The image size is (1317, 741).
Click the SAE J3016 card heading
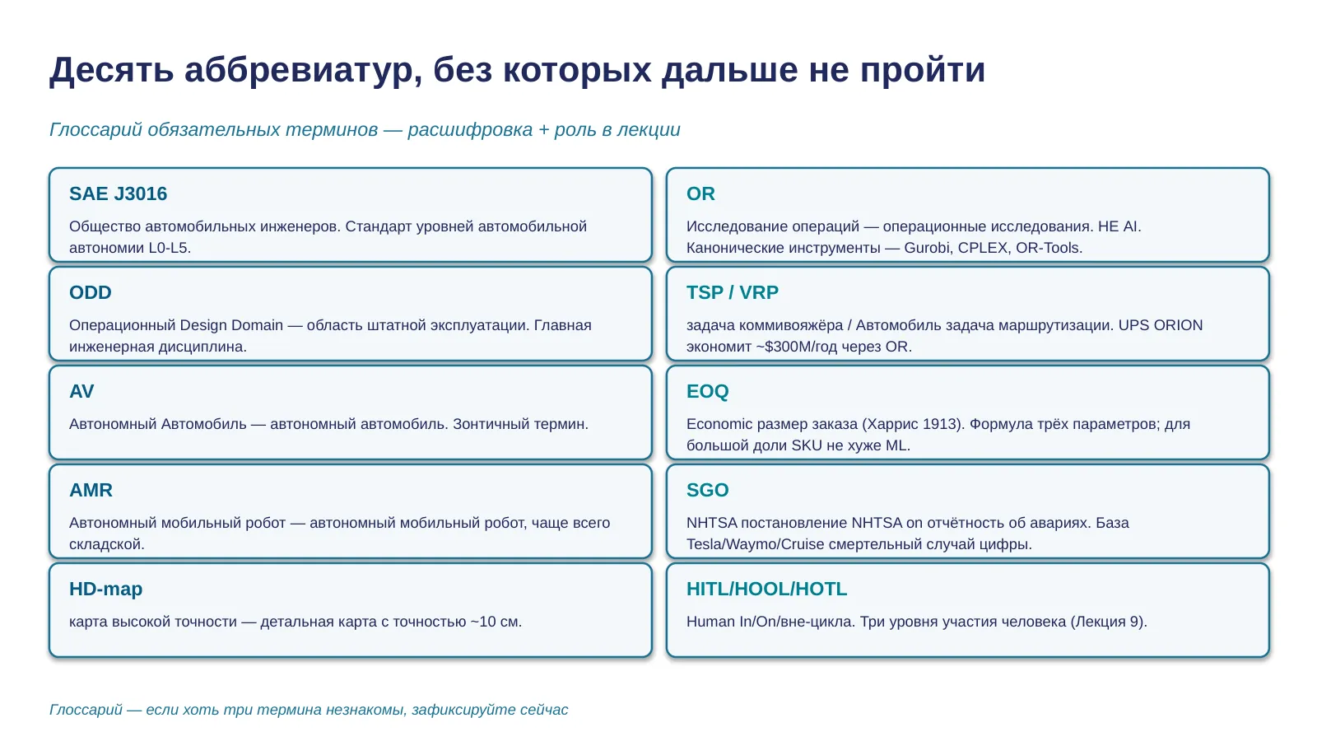point(119,193)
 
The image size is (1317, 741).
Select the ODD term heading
point(90,292)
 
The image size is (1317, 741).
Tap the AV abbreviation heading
point(81,391)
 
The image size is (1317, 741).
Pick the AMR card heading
point(91,490)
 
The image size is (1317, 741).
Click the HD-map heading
point(106,589)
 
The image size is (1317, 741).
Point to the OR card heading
point(700,193)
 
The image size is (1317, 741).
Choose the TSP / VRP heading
point(732,292)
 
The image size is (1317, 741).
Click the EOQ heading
point(707,391)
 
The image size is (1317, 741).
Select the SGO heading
point(707,490)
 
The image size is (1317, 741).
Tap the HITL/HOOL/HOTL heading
point(766,589)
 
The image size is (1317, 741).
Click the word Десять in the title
point(111,70)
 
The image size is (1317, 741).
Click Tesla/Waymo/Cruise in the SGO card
point(755,544)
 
